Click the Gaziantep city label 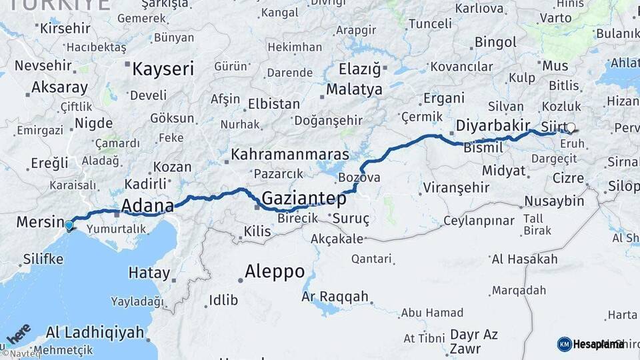pyautogui.click(x=304, y=198)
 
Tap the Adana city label pyautogui.click(x=147, y=205)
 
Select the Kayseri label pyautogui.click(x=163, y=69)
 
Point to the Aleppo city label pyautogui.click(x=274, y=271)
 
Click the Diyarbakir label pyautogui.click(x=493, y=125)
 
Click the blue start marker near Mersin pyautogui.click(x=69, y=226)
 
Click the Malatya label pyautogui.click(x=354, y=89)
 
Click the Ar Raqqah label pyautogui.click(x=335, y=296)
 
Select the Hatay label pyautogui.click(x=149, y=273)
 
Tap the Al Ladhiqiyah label pyautogui.click(x=95, y=331)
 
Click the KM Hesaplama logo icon pyautogui.click(x=564, y=344)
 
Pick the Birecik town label pyautogui.click(x=297, y=218)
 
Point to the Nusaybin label pyautogui.click(x=554, y=201)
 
